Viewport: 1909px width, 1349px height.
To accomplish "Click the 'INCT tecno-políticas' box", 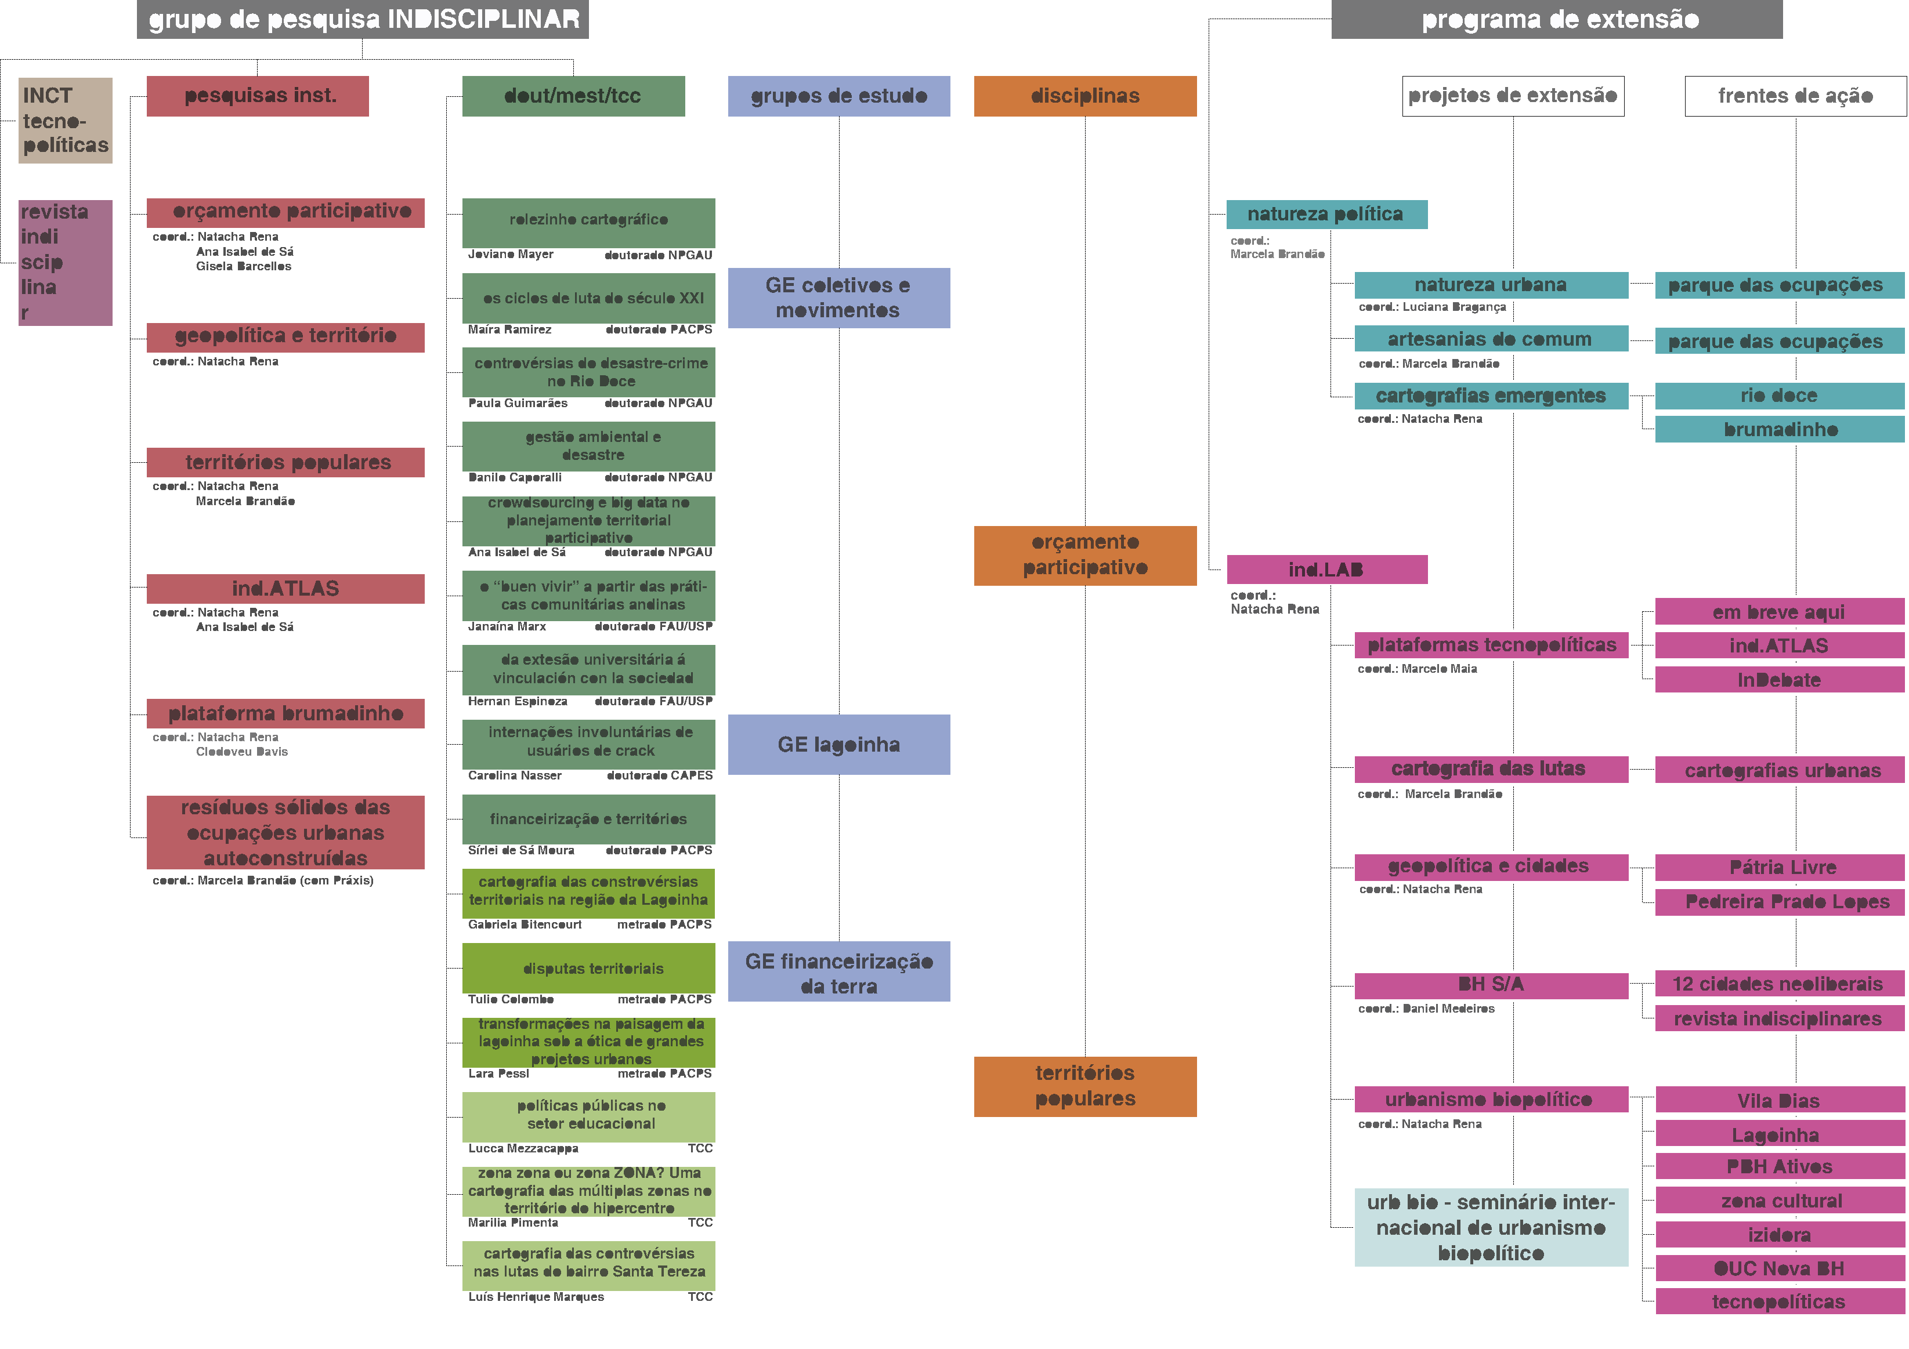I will point(65,121).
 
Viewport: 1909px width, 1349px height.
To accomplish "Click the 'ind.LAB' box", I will point(1326,570).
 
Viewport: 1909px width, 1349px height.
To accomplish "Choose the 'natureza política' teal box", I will point(1326,215).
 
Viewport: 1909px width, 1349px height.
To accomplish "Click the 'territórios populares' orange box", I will point(1085,1086).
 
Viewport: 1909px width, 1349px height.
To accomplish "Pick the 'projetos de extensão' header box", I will point(1512,96).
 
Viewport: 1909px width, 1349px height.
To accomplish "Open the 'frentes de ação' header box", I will point(1795,96).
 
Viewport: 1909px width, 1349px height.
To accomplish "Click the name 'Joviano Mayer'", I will point(511,255).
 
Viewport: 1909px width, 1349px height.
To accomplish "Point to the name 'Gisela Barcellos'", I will point(244,267).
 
